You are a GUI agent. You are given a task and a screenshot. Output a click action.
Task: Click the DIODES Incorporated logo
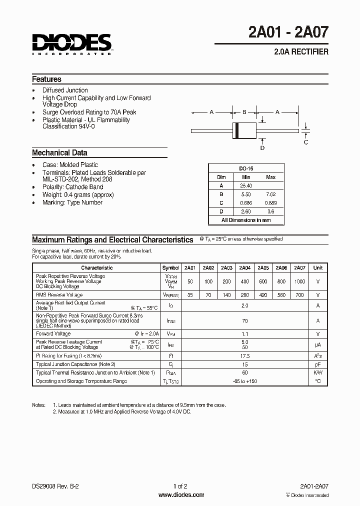click(x=71, y=44)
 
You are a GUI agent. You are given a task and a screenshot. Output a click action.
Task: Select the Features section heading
click(x=47, y=79)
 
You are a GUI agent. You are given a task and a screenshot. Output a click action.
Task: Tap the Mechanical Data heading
click(x=59, y=153)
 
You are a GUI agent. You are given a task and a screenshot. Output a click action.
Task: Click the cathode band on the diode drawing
click(x=236, y=131)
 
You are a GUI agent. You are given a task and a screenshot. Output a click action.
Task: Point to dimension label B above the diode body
click(x=244, y=112)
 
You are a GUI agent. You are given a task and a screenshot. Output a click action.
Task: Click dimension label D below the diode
click(x=262, y=148)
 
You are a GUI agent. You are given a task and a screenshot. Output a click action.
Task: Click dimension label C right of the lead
click(x=306, y=142)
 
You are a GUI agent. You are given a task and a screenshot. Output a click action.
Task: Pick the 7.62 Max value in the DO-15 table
click(x=270, y=194)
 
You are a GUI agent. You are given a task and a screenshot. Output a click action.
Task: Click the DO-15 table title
click(x=245, y=169)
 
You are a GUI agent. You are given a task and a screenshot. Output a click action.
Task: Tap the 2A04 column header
click(x=245, y=267)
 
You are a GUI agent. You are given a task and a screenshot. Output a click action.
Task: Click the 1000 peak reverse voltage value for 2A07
click(x=299, y=281)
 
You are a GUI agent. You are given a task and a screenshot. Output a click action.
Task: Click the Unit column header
click(x=318, y=267)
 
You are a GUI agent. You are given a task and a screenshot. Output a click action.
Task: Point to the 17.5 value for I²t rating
click(x=244, y=356)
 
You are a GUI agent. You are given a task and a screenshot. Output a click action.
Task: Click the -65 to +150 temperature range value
click(x=244, y=381)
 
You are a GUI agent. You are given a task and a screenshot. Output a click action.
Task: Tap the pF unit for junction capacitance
click(x=318, y=364)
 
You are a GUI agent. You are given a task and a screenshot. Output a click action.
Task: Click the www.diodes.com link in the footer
click(x=180, y=495)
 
